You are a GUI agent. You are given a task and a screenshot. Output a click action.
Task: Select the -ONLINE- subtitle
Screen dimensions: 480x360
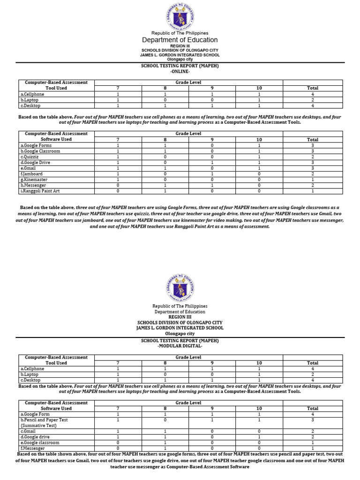180,72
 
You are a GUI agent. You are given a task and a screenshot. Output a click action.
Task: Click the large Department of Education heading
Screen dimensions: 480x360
180,40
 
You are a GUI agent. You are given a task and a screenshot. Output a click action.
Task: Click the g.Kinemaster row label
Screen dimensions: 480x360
34,180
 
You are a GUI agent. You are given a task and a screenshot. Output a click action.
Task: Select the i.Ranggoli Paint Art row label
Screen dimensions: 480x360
40,191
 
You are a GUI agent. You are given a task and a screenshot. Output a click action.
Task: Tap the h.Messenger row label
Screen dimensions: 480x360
33,185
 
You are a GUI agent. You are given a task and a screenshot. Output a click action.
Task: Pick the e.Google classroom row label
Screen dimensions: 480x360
40,442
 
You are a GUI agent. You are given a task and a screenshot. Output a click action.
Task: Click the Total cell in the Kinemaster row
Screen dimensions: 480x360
312,180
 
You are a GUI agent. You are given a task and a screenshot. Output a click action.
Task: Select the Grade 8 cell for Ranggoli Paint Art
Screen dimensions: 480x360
165,191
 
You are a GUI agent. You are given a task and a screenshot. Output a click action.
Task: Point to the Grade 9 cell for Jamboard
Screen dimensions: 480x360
212,174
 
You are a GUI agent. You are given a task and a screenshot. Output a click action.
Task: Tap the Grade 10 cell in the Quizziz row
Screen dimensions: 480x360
259,157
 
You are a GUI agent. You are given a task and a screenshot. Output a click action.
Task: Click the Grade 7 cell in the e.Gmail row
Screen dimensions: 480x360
118,168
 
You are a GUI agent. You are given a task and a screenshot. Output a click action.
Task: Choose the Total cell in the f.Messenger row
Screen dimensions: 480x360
312,448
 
